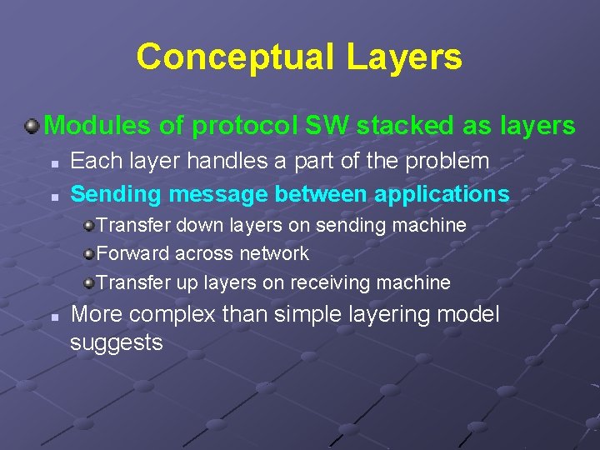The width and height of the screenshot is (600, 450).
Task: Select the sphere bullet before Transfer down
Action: point(88,226)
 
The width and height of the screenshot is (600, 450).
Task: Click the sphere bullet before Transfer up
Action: point(88,283)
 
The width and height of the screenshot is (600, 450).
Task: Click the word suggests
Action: point(116,342)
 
